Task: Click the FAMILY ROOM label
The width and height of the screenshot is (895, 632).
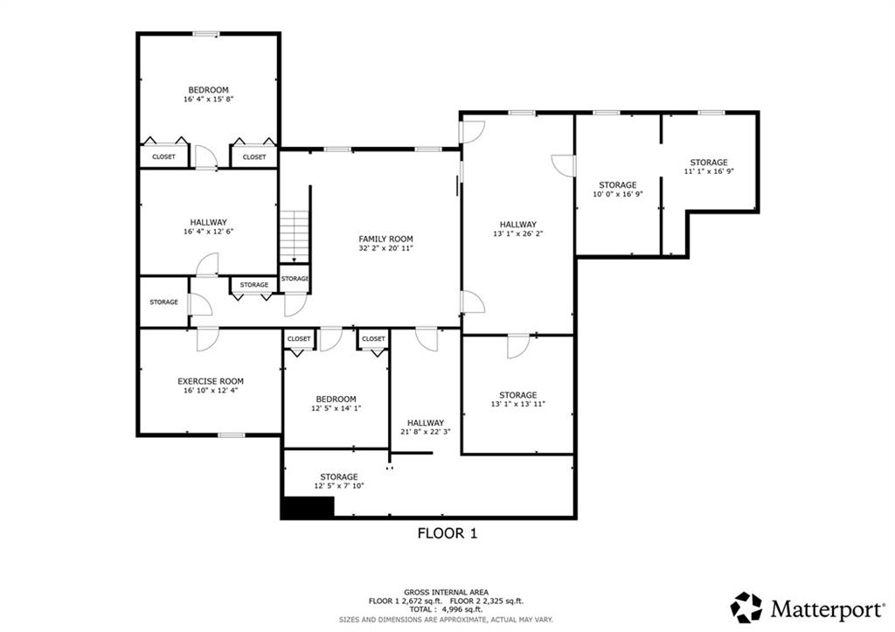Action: pos(385,239)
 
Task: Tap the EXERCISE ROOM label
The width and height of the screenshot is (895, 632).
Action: pos(211,381)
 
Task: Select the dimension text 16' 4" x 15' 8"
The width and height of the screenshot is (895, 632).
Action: pos(208,100)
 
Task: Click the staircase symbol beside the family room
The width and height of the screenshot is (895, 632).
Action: pos(295,236)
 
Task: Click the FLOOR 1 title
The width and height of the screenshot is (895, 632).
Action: pos(447,532)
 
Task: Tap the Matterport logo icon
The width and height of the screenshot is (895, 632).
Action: pos(746,607)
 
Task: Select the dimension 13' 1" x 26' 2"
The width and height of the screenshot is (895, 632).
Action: pos(518,234)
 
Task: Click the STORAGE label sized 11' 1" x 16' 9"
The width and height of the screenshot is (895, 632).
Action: pos(708,163)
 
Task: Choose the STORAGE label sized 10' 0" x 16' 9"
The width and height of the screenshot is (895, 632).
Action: pos(617,185)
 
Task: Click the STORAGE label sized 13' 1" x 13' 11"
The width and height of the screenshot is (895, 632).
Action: pos(518,395)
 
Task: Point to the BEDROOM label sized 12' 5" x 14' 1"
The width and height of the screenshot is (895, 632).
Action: pos(336,399)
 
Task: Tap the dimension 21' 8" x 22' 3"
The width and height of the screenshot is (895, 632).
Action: pos(425,432)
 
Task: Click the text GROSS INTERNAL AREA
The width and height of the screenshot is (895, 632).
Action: pos(447,592)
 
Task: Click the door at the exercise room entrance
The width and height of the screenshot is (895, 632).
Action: pos(206,339)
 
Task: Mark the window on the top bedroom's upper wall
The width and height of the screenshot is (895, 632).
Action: pos(206,34)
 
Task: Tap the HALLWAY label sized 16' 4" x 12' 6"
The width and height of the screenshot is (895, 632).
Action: pos(208,222)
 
